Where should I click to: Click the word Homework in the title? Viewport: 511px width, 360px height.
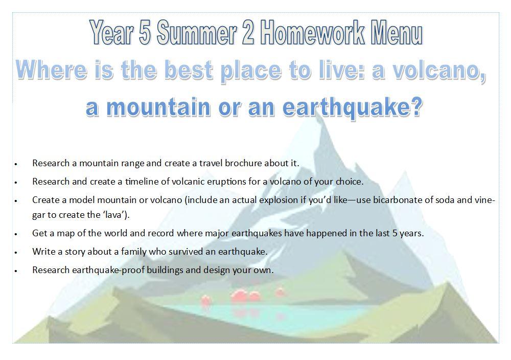point(313,32)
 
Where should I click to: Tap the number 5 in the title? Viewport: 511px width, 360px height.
point(145,32)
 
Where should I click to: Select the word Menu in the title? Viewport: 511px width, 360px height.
point(398,32)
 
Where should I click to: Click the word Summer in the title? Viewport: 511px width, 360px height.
point(197,32)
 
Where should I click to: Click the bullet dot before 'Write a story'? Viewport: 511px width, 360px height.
point(16,253)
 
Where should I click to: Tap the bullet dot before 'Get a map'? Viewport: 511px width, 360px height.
point(16,234)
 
